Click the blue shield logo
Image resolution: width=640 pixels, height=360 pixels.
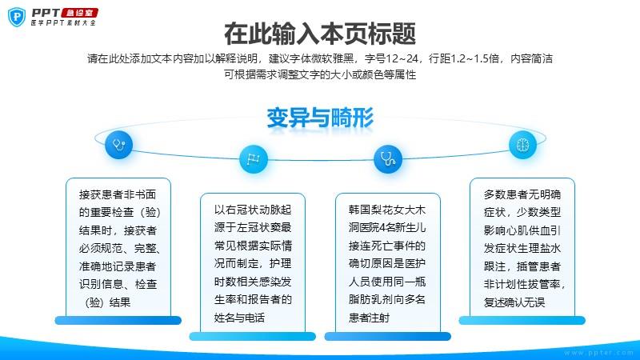click(17, 17)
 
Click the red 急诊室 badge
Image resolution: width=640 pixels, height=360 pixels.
click(80, 13)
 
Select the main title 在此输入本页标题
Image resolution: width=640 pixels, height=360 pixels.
click(320, 34)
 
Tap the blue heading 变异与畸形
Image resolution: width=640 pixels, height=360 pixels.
click(320, 118)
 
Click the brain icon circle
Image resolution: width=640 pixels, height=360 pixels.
click(523, 145)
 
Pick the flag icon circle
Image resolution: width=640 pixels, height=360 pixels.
click(254, 158)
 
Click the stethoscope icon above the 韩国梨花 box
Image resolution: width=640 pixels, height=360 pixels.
click(388, 158)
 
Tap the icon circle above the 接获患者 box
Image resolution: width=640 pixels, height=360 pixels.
click(118, 145)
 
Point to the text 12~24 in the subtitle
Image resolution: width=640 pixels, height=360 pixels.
click(402, 58)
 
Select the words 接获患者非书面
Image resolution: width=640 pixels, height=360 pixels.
click(118, 194)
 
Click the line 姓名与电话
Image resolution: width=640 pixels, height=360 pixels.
click(239, 318)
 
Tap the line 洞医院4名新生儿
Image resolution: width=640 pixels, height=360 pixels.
click(387, 227)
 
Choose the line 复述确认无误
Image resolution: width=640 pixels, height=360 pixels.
click(514, 302)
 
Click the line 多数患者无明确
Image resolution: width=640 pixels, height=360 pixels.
click(522, 194)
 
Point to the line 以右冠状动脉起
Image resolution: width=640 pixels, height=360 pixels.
click(253, 210)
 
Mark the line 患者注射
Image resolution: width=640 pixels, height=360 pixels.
click(369, 318)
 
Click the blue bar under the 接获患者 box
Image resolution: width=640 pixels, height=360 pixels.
click(118, 321)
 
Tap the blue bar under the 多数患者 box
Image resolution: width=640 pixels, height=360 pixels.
click(522, 321)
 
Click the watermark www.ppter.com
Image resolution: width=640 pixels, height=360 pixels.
click(598, 353)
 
